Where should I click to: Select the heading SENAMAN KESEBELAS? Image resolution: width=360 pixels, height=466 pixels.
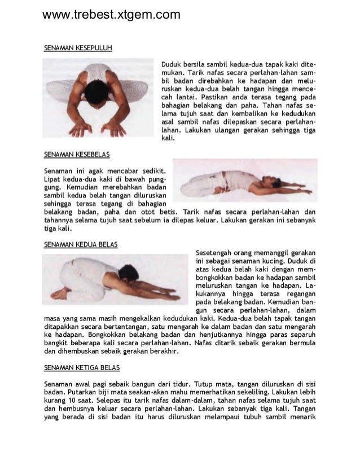coord(77,153)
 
